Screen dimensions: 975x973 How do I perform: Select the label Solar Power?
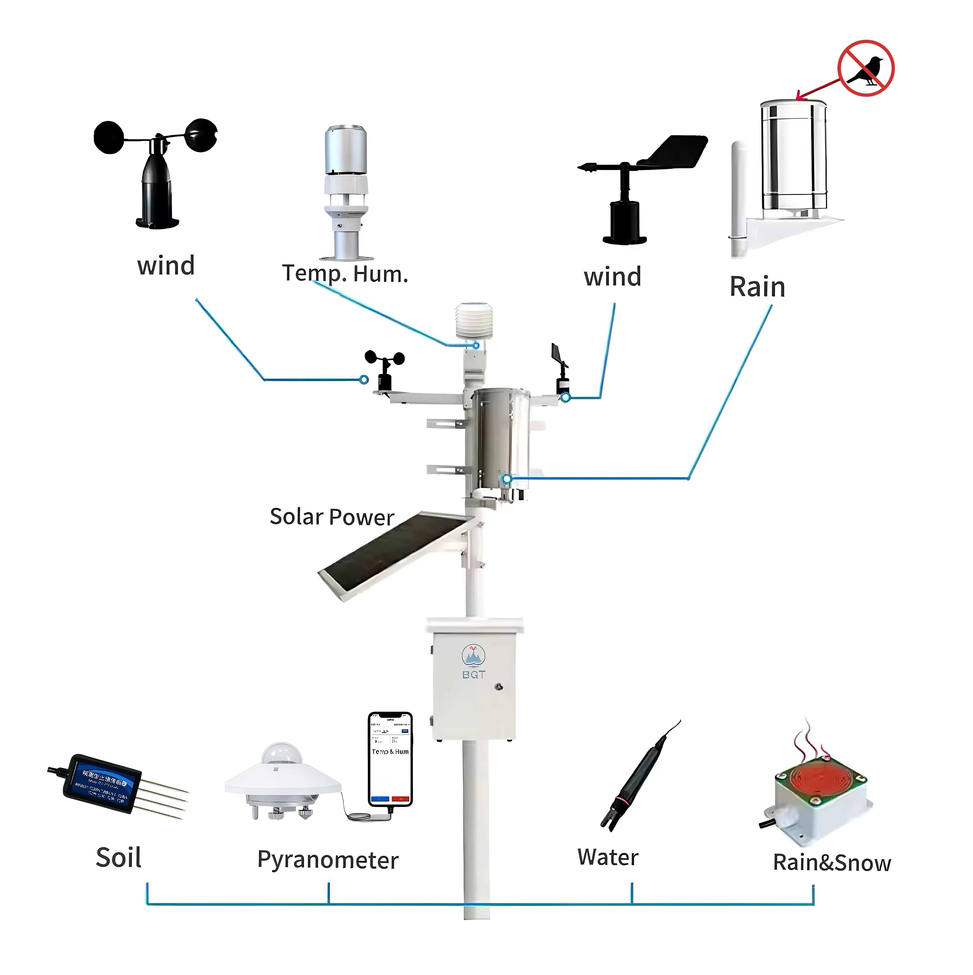click(x=332, y=517)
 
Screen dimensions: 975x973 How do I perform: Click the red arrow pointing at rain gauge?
click(x=818, y=87)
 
